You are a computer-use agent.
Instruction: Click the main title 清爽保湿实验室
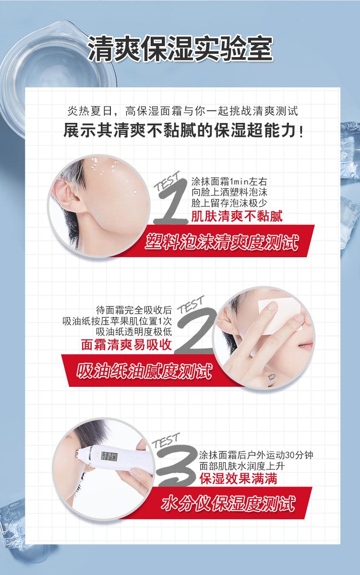click(x=180, y=49)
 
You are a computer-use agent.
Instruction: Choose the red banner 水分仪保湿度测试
click(x=228, y=503)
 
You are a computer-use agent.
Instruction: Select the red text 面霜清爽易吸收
click(x=126, y=345)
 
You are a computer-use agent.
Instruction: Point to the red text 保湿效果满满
click(x=238, y=479)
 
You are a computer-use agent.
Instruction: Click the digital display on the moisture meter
click(x=109, y=456)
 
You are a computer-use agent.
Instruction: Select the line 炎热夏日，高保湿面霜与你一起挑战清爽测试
click(x=182, y=111)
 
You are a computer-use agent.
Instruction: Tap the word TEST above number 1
click(x=167, y=181)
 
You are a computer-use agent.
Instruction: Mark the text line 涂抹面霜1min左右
click(x=229, y=181)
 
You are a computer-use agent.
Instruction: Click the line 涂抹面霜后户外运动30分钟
click(x=256, y=455)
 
